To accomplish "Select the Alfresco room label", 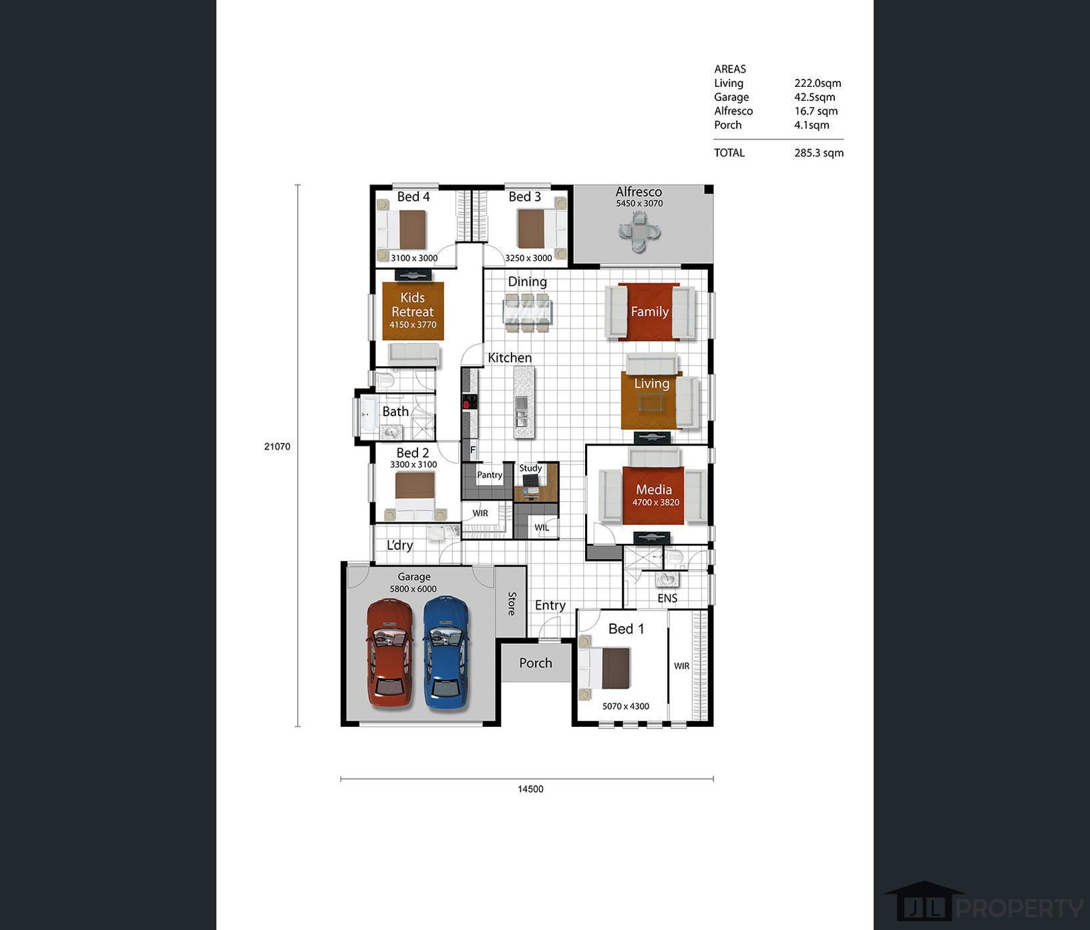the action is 639,192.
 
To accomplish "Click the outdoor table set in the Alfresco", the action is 639,232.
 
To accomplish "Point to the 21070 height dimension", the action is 277,446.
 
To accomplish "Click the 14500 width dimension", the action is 530,789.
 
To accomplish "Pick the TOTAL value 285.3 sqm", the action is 819,153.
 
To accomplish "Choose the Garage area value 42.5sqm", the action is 815,97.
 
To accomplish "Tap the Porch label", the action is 536,663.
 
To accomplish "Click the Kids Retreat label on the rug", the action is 413,305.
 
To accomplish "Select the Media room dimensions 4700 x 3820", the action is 656,502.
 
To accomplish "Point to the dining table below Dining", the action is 528,312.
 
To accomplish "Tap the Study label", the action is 531,468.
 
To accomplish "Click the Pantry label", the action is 490,475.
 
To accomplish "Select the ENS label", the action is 667,599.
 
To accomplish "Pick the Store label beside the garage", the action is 512,603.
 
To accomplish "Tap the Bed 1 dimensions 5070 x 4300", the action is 626,706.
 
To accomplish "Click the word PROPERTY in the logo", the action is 1021,909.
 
